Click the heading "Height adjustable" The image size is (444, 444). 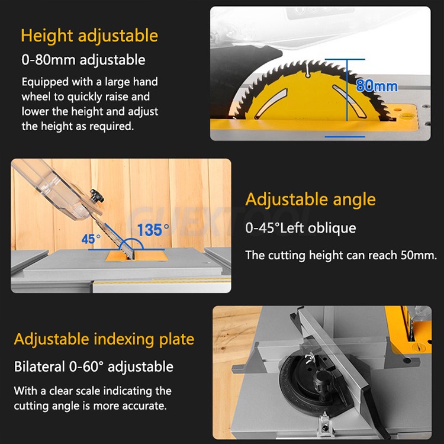coord(89,36)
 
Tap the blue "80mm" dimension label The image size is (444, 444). coord(377,85)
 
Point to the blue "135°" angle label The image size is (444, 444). coord(153,229)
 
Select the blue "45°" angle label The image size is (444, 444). coord(91,239)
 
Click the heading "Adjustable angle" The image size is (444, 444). coord(311,200)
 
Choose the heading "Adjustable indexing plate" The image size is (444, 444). coord(104,339)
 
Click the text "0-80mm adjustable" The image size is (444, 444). coord(83,60)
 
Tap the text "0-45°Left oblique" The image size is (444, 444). coord(301,228)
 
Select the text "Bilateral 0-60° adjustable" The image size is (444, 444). coord(94,366)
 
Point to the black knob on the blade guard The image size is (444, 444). coord(97,196)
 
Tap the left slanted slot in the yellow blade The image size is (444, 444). coord(271,104)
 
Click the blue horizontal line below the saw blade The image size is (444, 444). coord(345,137)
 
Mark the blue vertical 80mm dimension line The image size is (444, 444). coord(347,90)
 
